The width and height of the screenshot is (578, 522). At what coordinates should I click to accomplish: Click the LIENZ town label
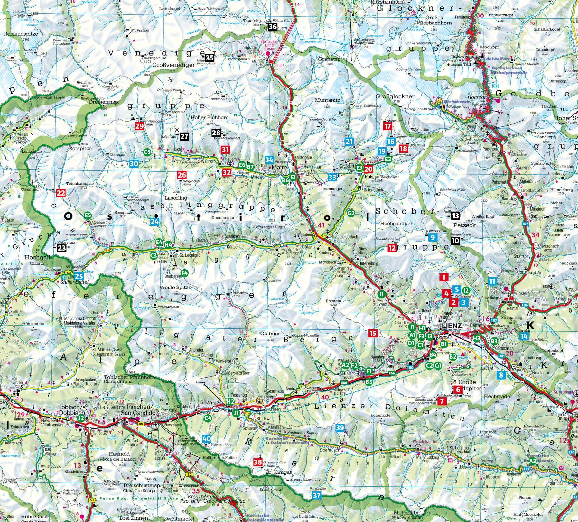pyautogui.click(x=452, y=325)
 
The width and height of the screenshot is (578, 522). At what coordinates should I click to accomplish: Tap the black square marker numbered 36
pyautogui.click(x=272, y=27)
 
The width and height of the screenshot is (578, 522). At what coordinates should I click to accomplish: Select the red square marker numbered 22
pyautogui.click(x=61, y=193)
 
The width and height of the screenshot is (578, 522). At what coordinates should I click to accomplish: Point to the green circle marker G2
pyautogui.click(x=351, y=213)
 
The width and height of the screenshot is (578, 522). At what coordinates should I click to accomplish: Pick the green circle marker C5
pyautogui.click(x=147, y=152)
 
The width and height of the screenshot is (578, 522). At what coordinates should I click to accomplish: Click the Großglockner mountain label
pyautogui.click(x=395, y=96)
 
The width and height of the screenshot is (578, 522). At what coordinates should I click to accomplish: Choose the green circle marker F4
pyautogui.click(x=184, y=273)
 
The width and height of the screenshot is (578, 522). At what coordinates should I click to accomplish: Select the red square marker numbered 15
pyautogui.click(x=373, y=333)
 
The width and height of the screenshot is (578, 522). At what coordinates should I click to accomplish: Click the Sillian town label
pyautogui.click(x=206, y=402)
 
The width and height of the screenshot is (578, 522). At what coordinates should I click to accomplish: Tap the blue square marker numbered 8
pyautogui.click(x=500, y=375)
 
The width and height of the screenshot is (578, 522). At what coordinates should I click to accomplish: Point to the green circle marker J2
pyautogui.click(x=81, y=418)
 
